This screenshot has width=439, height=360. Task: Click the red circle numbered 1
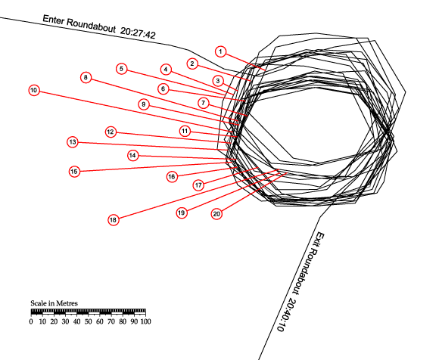click(x=220, y=51)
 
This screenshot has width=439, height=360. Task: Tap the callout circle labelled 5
click(x=122, y=69)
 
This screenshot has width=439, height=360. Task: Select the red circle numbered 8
click(x=86, y=77)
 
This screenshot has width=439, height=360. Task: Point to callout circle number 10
click(x=34, y=90)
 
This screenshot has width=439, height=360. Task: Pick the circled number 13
click(x=73, y=142)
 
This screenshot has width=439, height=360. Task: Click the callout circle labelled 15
click(x=74, y=172)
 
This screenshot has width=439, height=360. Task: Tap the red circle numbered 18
click(x=113, y=220)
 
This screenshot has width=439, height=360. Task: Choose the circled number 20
click(x=216, y=214)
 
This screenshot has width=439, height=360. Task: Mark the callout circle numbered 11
click(x=185, y=131)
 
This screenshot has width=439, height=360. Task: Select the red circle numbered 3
click(x=218, y=81)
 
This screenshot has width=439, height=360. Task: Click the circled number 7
click(x=204, y=103)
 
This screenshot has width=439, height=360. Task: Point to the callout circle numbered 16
click(x=172, y=177)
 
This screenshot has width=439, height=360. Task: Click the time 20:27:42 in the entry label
click(x=138, y=33)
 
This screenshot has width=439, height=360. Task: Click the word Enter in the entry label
click(x=54, y=20)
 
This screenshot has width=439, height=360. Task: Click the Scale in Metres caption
click(x=54, y=303)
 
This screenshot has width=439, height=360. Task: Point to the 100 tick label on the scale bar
click(x=145, y=321)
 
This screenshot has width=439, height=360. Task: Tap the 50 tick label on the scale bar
click(x=89, y=321)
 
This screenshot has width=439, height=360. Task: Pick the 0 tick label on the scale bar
click(x=31, y=321)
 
